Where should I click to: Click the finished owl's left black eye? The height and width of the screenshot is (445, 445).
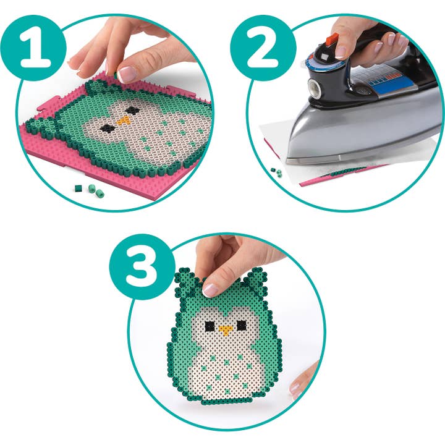[210, 326]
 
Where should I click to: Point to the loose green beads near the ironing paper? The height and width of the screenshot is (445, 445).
[275, 167]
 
